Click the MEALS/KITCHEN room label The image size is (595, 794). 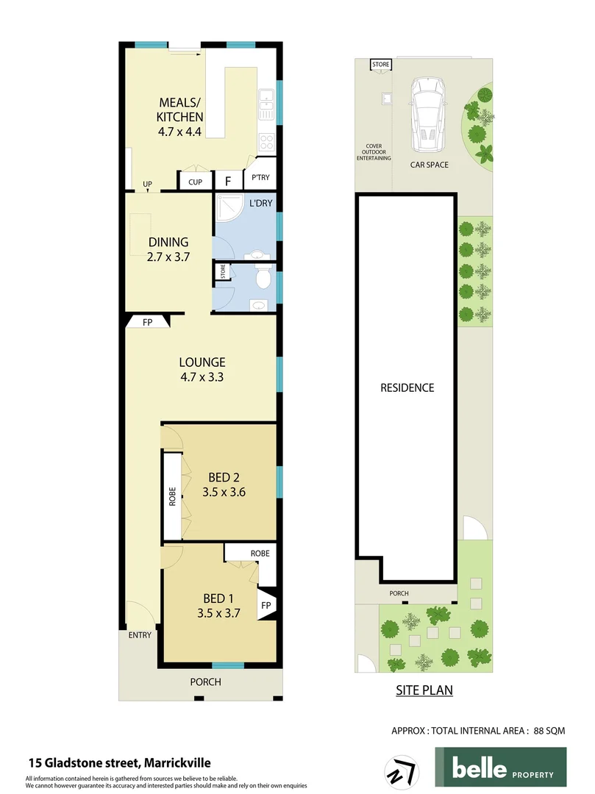[179, 118]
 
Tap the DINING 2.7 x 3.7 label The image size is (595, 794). [168, 249]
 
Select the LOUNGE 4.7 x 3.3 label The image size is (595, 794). [202, 369]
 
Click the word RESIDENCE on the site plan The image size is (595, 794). [407, 387]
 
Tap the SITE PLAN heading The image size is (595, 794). [424, 690]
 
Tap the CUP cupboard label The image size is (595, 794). [195, 182]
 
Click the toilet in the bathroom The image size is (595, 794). [262, 280]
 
